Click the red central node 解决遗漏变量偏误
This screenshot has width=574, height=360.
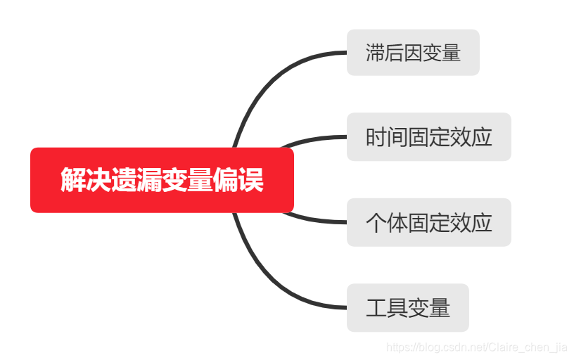[x=162, y=180]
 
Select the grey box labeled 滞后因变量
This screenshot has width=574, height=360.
[x=413, y=53]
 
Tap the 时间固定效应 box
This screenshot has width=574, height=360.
[x=428, y=137]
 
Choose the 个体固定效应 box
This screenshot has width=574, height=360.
[x=428, y=222]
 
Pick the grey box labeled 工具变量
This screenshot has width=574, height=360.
[x=407, y=307]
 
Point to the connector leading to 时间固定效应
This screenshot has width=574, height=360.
[x=317, y=139]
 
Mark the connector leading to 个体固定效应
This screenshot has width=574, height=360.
[x=317, y=220]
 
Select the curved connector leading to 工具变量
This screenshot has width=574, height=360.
[x=267, y=281]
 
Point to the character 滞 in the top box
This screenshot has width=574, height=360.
[x=375, y=53]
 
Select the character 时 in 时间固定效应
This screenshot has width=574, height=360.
[x=376, y=137]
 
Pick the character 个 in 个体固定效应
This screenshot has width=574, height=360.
[x=376, y=223]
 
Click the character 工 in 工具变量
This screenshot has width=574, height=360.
[x=376, y=308]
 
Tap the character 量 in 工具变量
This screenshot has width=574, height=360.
[x=440, y=308]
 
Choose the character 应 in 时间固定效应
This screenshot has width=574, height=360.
[x=482, y=137]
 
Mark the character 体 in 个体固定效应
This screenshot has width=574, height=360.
[x=397, y=223]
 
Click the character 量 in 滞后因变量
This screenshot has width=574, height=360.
[x=451, y=53]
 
